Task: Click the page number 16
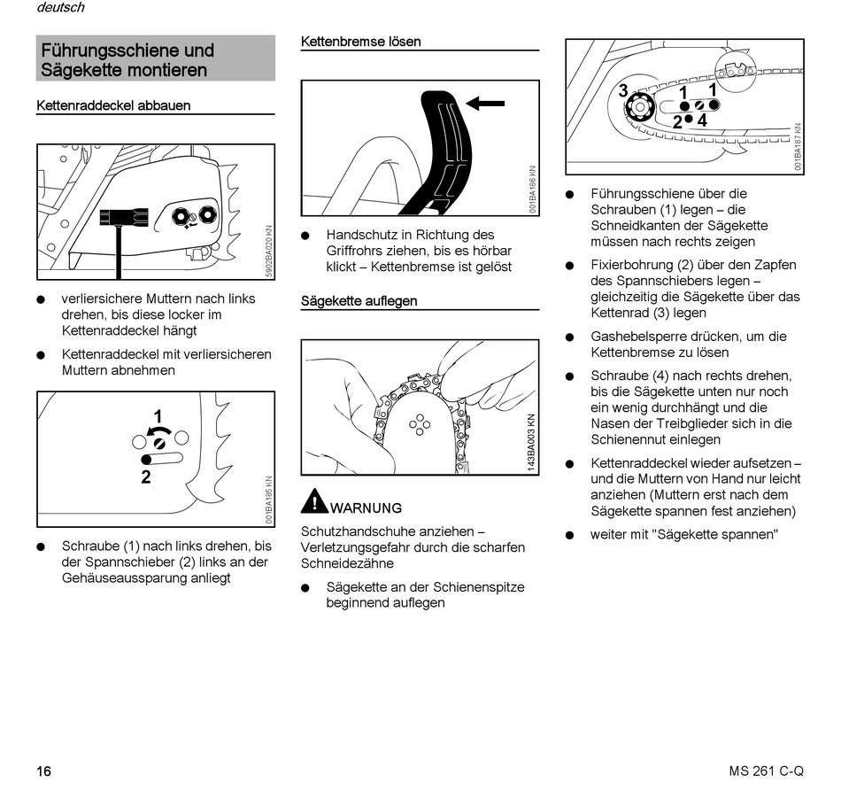click(x=43, y=771)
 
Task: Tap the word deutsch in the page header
click(x=61, y=8)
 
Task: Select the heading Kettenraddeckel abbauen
click(x=113, y=105)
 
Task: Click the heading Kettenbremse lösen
click(x=360, y=42)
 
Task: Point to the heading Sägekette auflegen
click(x=359, y=301)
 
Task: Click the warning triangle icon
click(x=313, y=502)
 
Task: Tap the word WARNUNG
click(x=366, y=508)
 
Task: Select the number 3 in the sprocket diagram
click(x=623, y=90)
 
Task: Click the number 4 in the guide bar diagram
click(x=702, y=120)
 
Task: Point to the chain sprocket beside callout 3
click(x=637, y=108)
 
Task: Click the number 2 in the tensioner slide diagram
click(x=146, y=476)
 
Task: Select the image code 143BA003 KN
click(x=532, y=443)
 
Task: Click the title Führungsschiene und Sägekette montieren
click(x=128, y=60)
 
